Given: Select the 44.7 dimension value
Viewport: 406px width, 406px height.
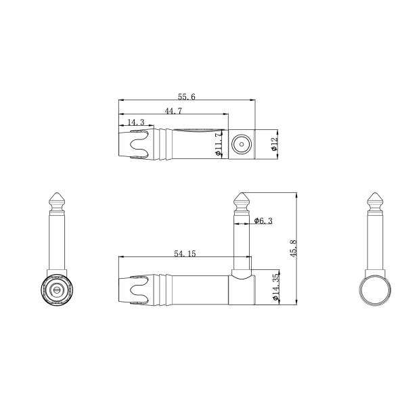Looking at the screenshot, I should click(173, 110).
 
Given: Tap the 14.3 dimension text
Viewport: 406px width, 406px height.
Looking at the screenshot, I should click(136, 122).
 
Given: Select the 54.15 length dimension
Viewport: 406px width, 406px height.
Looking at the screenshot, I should click(184, 254).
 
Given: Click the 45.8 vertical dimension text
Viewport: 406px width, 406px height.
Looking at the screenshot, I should click(293, 248).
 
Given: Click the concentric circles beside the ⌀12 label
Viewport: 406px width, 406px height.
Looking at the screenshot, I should click(242, 144).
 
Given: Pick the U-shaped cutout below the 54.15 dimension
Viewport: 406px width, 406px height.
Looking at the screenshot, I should click(139, 290).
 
